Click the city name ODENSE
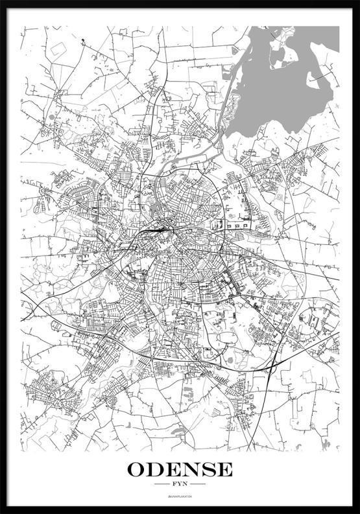click(x=180, y=469)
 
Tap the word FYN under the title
click(x=180, y=484)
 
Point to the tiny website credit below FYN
click(x=180, y=496)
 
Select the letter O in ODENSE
click(x=138, y=469)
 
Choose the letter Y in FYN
click(x=180, y=484)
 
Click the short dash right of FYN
click(x=198, y=484)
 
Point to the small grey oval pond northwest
click(x=51, y=117)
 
